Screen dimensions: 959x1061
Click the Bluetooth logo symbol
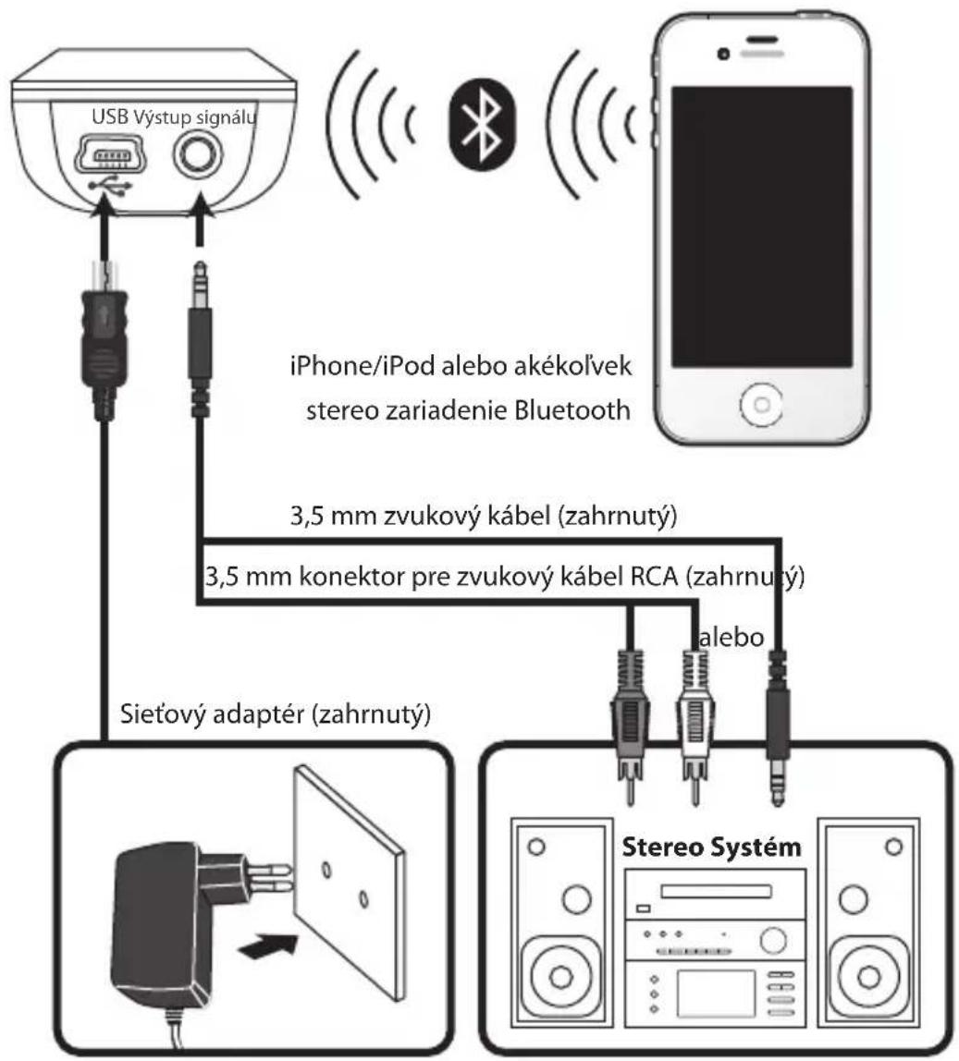pyautogui.click(x=482, y=125)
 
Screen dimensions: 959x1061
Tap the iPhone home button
pyautogui.click(x=761, y=405)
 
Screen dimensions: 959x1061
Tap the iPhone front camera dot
pyautogui.click(x=723, y=54)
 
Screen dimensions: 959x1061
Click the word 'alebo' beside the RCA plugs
pyautogui.click(x=732, y=637)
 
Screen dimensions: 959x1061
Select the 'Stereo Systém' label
pyautogui.click(x=711, y=847)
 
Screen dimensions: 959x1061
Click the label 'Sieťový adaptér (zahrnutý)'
pyautogui.click(x=275, y=714)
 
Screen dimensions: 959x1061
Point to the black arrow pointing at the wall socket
pyautogui.click(x=268, y=946)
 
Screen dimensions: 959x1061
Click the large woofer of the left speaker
pyautogui.click(x=560, y=976)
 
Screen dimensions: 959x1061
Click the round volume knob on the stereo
pyautogui.click(x=773, y=940)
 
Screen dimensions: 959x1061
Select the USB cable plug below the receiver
pyautogui.click(x=104, y=338)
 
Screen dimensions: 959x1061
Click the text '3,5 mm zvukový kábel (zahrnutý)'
pyautogui.click(x=484, y=517)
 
